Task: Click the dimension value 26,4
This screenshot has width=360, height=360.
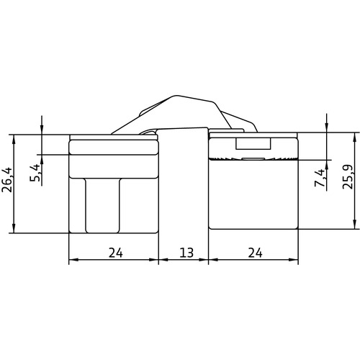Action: point(7,179)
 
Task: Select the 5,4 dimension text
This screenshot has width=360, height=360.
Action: point(35,173)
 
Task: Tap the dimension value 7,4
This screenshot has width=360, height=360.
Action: point(320,178)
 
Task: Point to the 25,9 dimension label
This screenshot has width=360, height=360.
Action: point(348,176)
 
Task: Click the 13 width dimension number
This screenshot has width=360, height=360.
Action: point(186,253)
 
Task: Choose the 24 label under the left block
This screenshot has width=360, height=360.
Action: point(116,253)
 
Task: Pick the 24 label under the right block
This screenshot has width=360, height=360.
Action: point(255,253)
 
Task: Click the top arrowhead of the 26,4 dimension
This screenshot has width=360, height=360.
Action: point(14,139)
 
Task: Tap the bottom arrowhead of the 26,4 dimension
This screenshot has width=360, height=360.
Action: point(14,228)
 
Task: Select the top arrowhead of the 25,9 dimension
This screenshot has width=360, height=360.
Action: point(354,137)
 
